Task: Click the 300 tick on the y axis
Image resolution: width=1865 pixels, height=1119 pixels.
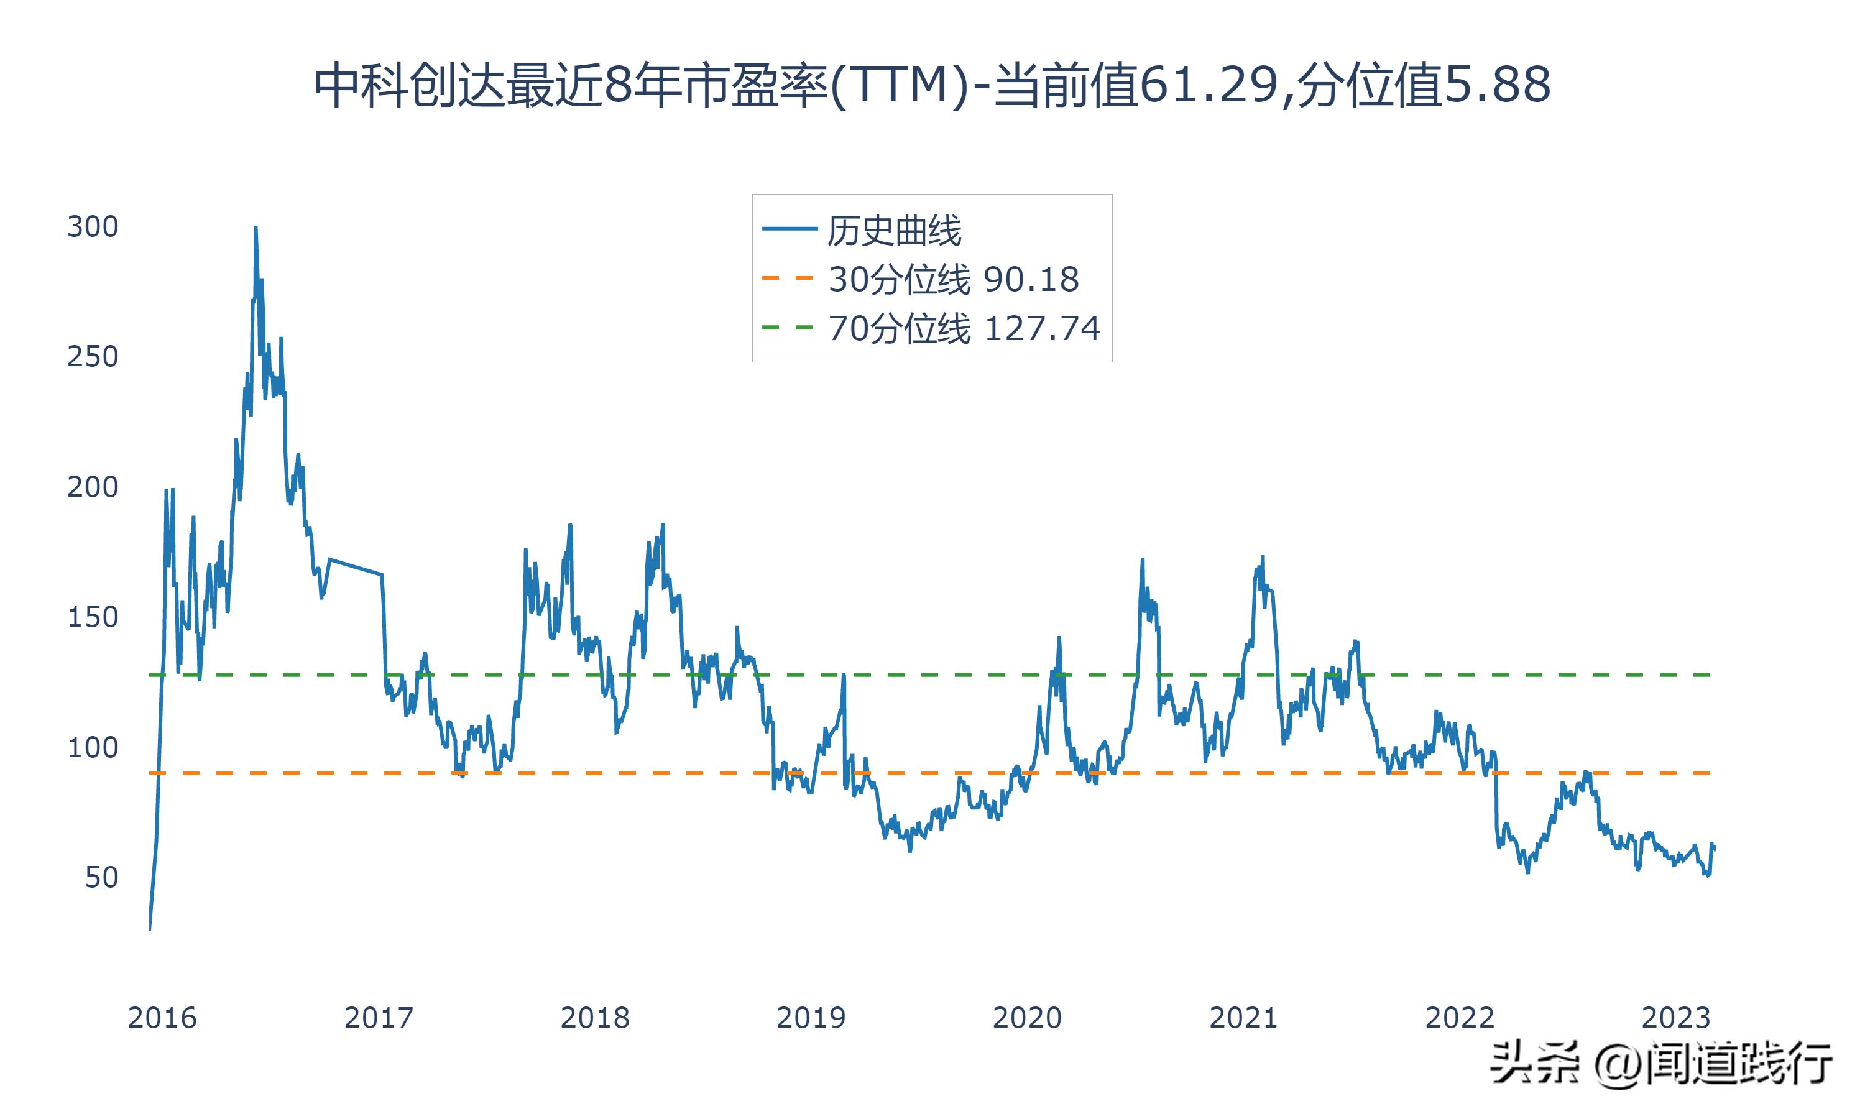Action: click(93, 226)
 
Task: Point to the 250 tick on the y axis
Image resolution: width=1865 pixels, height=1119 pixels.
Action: click(93, 357)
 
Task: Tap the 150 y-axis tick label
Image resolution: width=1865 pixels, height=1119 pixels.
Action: click(93, 617)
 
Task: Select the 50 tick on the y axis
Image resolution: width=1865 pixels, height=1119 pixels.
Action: click(101, 878)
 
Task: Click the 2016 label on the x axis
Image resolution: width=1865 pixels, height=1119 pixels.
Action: click(162, 1018)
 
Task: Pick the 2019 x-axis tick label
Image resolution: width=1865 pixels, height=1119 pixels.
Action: click(811, 1018)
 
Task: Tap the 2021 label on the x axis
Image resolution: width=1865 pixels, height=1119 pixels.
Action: click(1243, 1018)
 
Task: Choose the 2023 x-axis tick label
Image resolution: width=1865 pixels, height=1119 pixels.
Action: click(1676, 1018)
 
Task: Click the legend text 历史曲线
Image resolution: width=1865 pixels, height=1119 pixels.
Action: click(894, 231)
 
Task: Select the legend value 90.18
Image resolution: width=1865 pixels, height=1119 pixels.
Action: click(1031, 280)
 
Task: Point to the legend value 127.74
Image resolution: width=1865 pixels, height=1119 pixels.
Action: click(1043, 329)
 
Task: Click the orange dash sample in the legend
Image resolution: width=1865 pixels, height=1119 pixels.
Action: click(788, 279)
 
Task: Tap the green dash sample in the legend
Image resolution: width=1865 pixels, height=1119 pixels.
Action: click(788, 327)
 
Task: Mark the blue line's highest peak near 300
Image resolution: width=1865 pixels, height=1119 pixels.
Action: click(256, 227)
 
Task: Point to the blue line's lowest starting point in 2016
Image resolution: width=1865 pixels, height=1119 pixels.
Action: click(150, 928)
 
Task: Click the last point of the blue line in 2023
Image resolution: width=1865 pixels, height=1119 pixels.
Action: click(1714, 849)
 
